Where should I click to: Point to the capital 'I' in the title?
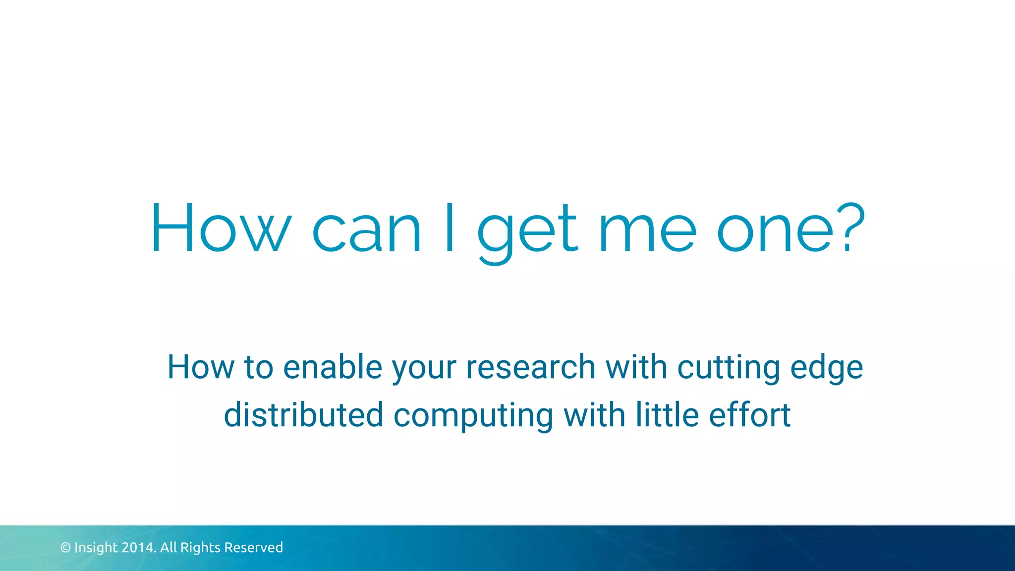click(450, 228)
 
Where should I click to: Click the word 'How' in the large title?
click(221, 228)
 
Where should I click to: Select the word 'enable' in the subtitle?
click(333, 367)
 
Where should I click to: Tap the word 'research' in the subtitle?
click(530, 367)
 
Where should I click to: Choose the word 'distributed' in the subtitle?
click(304, 415)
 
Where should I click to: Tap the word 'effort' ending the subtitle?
click(749, 415)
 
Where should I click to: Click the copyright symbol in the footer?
click(65, 548)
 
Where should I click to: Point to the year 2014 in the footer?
click(139, 548)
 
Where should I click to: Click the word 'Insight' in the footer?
click(96, 548)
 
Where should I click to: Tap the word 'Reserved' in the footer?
click(253, 548)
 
